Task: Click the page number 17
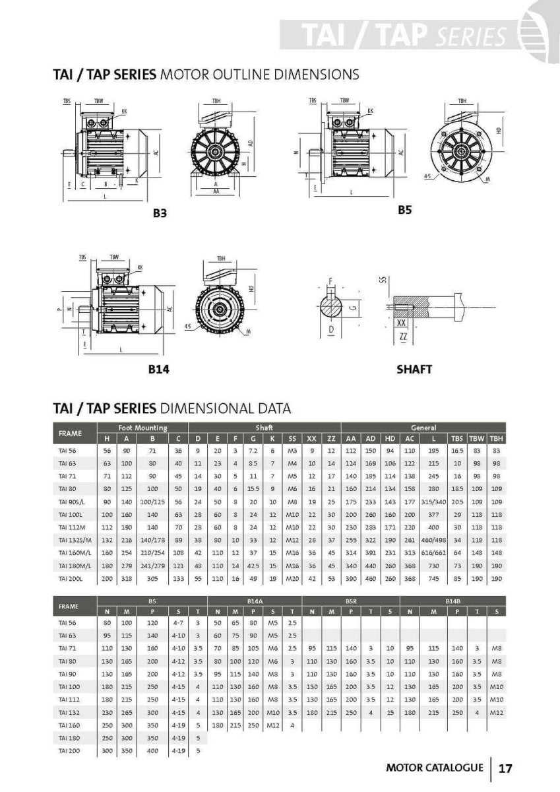[x=506, y=768]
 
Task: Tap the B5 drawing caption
[x=404, y=210]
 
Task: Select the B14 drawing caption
[x=158, y=370]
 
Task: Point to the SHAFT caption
[x=414, y=369]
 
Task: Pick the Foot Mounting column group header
[x=142, y=428]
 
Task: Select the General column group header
[x=423, y=428]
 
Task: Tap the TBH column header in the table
[x=497, y=438]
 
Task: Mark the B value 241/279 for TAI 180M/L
[x=153, y=565]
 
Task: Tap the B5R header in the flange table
[x=351, y=601]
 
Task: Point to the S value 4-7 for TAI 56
[x=177, y=622]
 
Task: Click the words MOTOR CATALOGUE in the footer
[x=434, y=768]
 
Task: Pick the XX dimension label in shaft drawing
[x=401, y=323]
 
